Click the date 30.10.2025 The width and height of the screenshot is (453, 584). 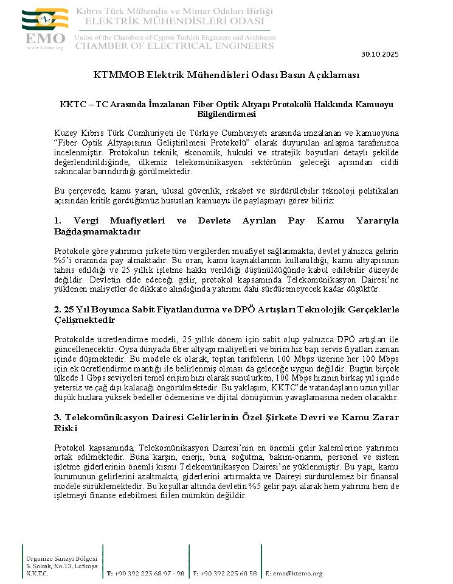coord(380,55)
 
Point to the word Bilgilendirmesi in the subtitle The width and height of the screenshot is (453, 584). coord(226,113)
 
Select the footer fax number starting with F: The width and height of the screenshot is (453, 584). coord(224,574)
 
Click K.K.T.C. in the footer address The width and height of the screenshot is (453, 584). coord(35,573)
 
